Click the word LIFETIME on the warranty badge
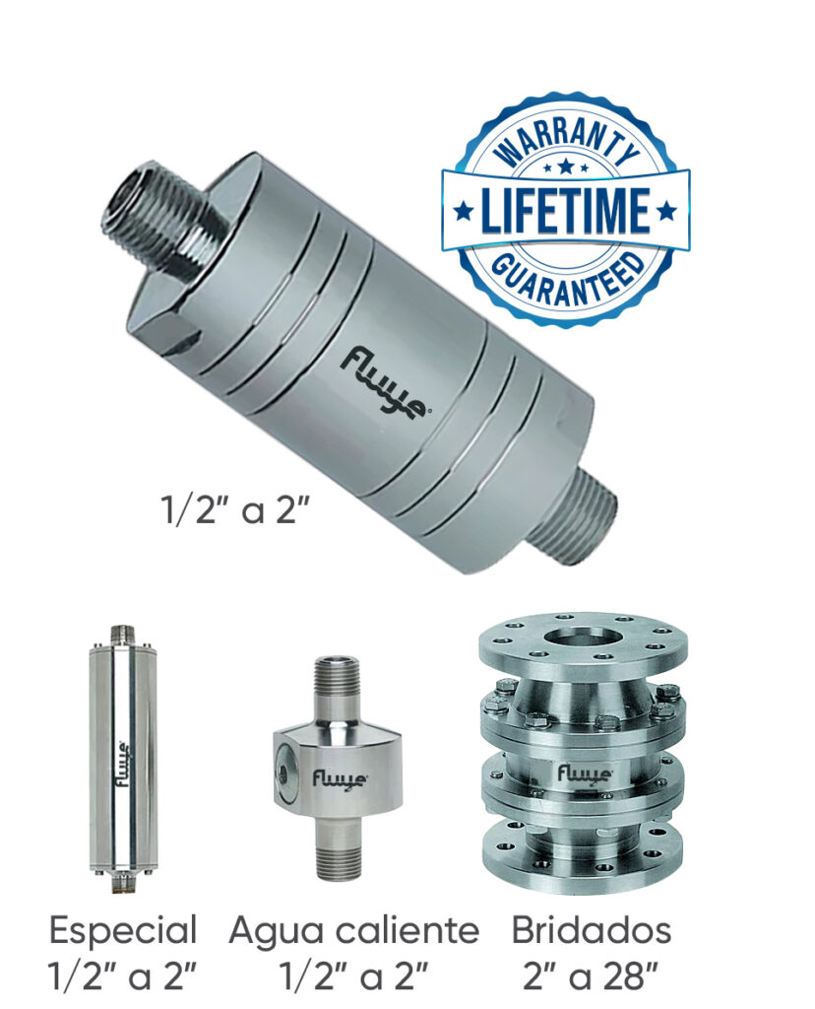coord(565,211)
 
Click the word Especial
coord(122,930)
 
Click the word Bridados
coord(592,930)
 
